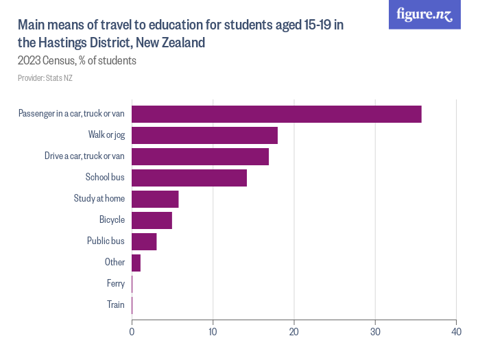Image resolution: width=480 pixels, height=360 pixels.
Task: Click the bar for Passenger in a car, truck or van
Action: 276,114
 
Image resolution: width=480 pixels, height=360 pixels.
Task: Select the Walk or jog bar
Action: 204,135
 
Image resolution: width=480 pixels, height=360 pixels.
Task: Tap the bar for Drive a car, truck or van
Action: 200,156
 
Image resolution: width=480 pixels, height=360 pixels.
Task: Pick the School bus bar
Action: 189,178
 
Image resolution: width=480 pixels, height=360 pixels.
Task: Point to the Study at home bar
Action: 155,199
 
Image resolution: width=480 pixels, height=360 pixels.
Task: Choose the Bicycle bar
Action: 152,220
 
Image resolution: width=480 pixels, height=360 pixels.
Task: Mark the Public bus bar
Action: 144,241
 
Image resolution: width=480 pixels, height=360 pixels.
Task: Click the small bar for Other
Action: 136,263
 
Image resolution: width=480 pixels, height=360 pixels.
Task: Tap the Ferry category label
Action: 116,284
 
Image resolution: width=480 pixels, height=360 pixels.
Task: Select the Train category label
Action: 116,305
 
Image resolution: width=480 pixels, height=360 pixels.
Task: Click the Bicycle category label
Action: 112,220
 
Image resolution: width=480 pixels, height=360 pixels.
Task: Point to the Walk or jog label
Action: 106,135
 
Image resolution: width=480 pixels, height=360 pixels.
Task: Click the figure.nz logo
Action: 424,14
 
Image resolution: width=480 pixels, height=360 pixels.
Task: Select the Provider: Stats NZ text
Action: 45,78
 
